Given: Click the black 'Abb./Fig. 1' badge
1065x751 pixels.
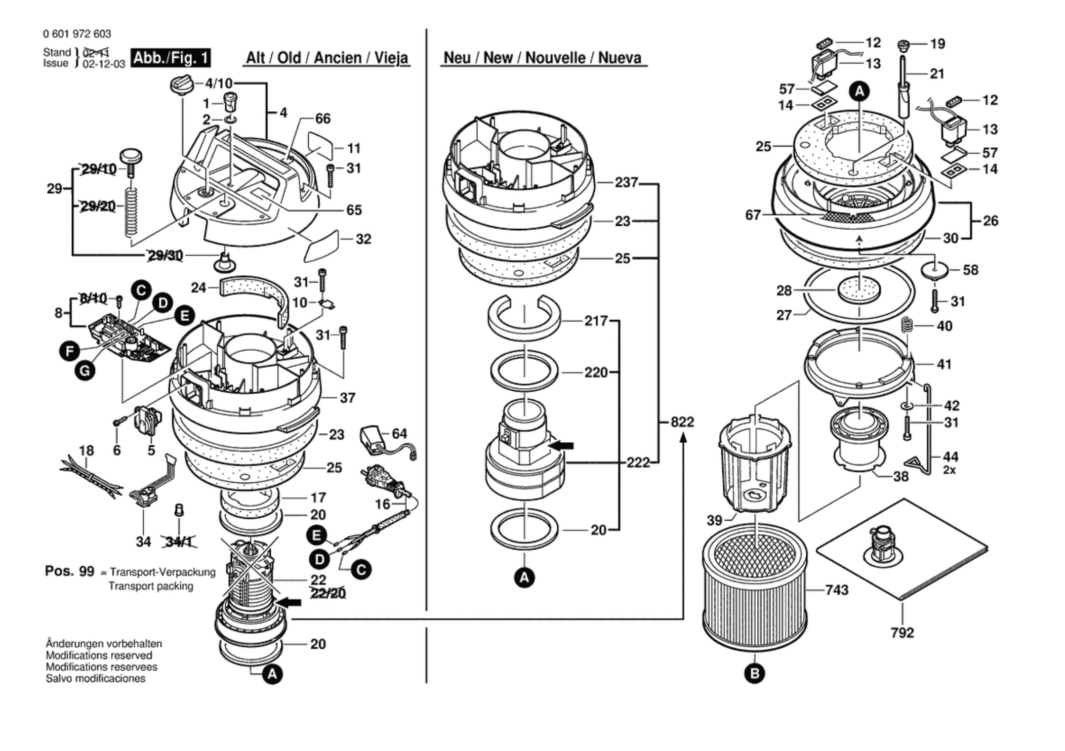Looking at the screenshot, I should click(171, 58).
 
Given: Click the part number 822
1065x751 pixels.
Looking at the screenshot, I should click(682, 422).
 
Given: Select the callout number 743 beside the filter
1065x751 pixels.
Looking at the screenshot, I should click(837, 590).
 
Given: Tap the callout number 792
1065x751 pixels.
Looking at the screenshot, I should click(903, 633).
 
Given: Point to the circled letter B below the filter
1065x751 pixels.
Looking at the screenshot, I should click(755, 674).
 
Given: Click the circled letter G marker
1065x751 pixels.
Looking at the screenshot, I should click(85, 371).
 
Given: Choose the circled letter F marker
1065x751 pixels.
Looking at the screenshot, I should click(69, 351).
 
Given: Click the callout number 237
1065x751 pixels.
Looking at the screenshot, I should click(626, 182).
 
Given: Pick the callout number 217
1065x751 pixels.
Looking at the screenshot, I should click(596, 321).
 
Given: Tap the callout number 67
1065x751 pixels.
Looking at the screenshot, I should click(753, 215).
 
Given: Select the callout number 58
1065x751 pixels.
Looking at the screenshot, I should click(970, 270).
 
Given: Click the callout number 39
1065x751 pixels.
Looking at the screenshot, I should click(714, 520).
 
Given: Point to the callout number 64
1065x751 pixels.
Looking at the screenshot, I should click(399, 433).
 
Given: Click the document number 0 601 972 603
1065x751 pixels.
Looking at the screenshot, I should click(77, 34).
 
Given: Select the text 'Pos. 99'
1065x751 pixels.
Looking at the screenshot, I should click(69, 571).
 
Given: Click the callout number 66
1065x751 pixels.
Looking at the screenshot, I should click(322, 118).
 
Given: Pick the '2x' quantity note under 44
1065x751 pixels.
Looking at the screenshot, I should click(949, 470).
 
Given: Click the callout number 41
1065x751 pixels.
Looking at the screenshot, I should click(944, 364).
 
